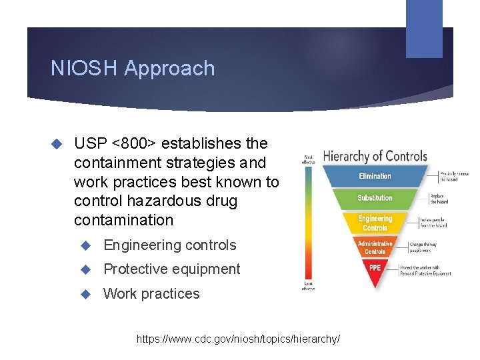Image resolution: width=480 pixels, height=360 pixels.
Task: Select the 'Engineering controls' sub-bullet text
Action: coord(169,245)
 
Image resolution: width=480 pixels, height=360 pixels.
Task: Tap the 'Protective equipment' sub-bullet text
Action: coord(171,269)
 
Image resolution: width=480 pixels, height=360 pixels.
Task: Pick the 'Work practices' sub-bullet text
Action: coord(151,294)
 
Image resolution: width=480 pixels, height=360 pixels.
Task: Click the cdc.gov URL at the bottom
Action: coord(238,339)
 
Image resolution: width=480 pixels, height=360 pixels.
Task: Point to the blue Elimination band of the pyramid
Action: coord(375,176)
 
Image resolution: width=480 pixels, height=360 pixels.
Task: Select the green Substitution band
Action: coord(375,198)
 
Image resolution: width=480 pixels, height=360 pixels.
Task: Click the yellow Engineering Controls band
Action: coord(375,223)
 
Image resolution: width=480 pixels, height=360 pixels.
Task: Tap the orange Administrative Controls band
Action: coord(375,247)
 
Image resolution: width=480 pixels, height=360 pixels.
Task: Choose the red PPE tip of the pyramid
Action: coord(375,268)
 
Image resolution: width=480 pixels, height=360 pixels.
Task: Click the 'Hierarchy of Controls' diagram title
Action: coord(375,157)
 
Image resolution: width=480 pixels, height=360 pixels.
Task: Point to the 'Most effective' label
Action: coord(309,159)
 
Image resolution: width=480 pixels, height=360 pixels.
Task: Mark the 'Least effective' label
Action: coord(309,285)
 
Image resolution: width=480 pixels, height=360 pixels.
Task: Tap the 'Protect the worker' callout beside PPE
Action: coord(425,270)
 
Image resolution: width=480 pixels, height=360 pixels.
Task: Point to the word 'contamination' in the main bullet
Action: coord(123,220)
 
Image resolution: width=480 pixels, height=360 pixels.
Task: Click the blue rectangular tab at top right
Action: coord(425,28)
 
